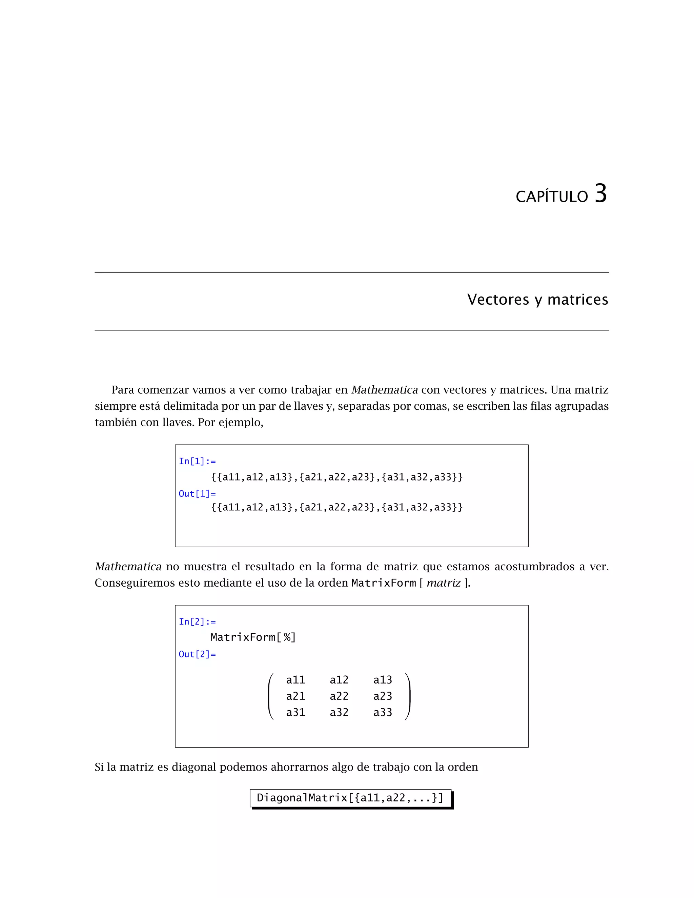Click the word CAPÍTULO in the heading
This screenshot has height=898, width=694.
pos(552,197)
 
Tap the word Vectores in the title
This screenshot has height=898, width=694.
pos(498,300)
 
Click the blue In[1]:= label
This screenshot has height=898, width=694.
pos(197,461)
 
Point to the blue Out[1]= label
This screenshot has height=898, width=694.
pos(197,494)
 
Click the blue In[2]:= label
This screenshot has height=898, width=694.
pos(197,622)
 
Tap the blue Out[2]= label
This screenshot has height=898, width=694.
pos(197,654)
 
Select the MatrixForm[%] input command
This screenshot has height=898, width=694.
pos(253,637)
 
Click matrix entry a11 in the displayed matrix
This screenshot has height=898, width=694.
pos(295,680)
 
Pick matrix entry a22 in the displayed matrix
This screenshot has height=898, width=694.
pos(339,696)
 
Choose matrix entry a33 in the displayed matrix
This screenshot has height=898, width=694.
pos(382,713)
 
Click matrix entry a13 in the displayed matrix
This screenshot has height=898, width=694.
pos(382,680)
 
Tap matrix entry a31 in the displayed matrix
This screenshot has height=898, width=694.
pos(295,713)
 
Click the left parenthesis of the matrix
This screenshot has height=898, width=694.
pos(270,696)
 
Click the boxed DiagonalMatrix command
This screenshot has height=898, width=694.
pos(350,798)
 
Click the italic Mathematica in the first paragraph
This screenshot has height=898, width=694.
pos(384,390)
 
